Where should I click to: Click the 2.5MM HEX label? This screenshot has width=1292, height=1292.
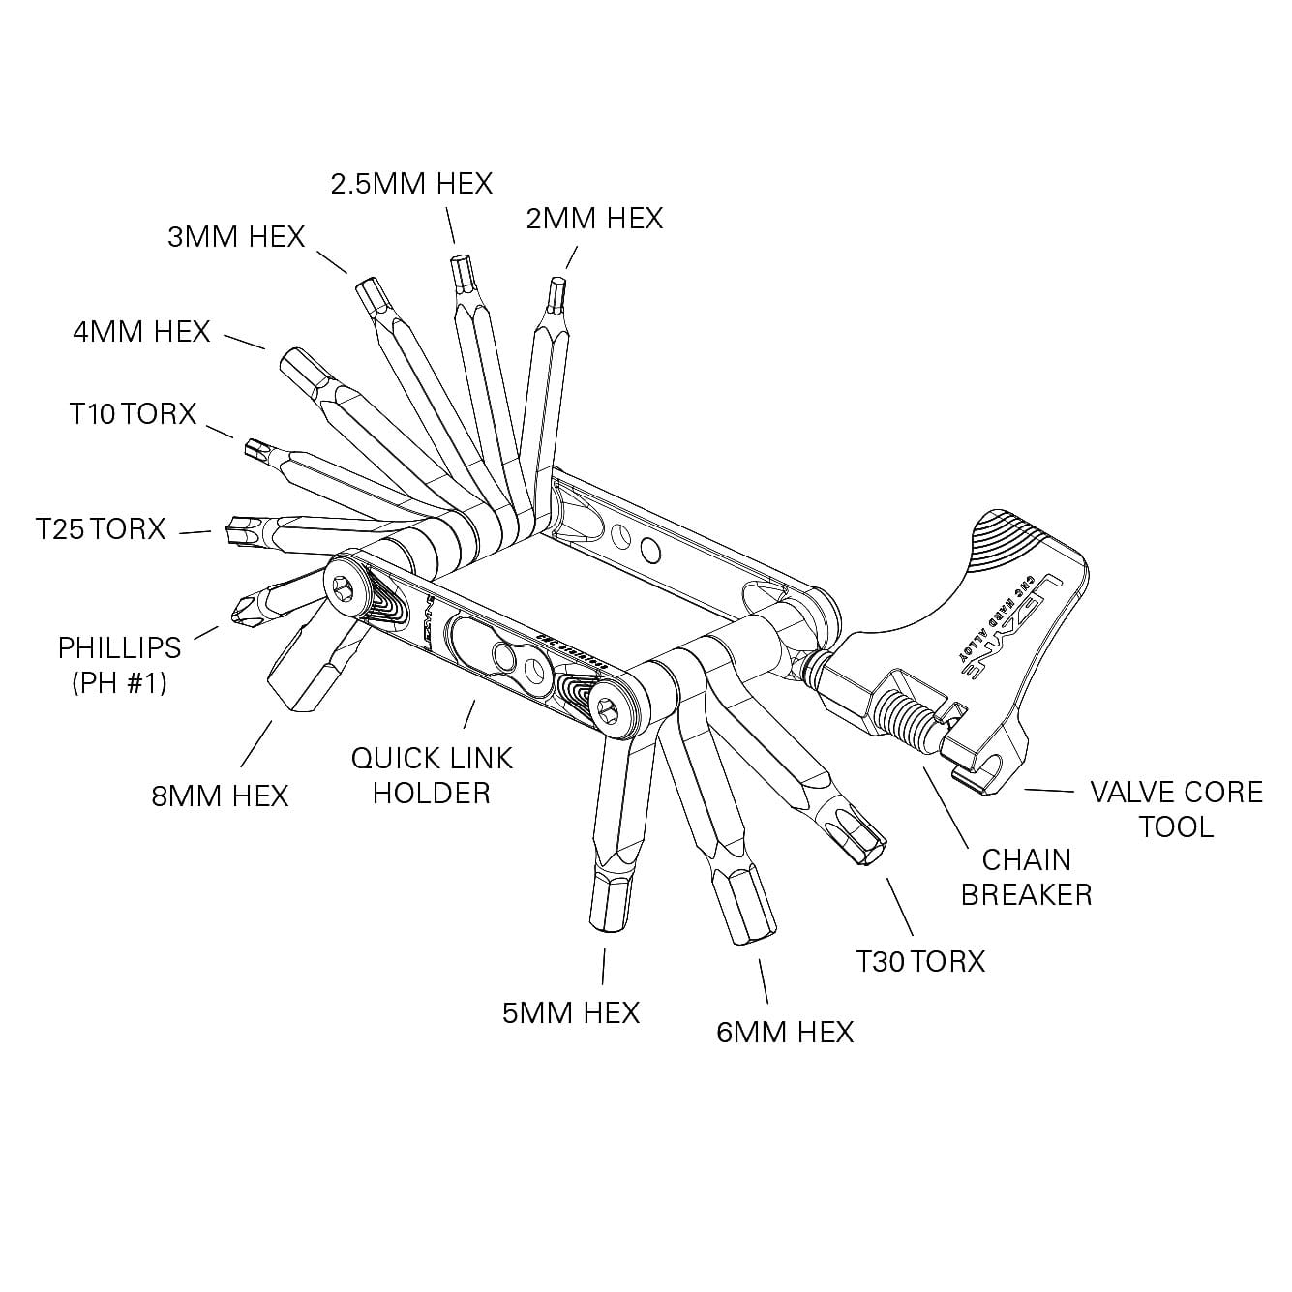(x=411, y=183)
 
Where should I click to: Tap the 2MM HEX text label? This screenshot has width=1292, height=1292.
(x=594, y=218)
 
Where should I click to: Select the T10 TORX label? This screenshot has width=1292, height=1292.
(x=133, y=413)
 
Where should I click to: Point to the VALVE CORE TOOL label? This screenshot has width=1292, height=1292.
(x=1176, y=808)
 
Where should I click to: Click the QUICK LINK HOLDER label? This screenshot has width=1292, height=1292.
(x=432, y=774)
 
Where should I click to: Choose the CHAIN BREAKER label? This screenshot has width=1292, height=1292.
(x=1026, y=876)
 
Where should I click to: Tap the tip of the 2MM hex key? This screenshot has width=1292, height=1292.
(x=556, y=287)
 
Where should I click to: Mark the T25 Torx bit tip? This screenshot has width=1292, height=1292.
(x=235, y=529)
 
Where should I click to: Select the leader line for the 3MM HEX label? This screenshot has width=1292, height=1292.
(x=331, y=259)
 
